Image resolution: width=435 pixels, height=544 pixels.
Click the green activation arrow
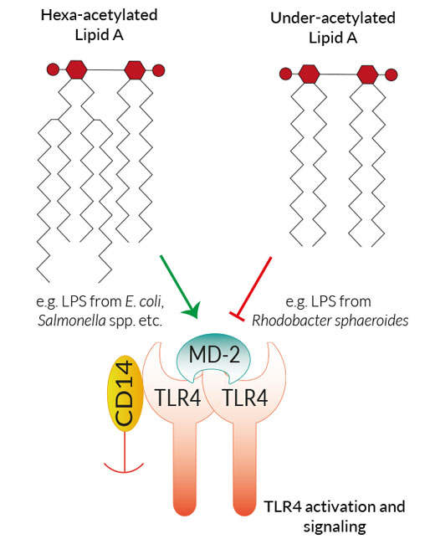(179, 286)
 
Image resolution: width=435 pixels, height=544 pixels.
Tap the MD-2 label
(214, 355)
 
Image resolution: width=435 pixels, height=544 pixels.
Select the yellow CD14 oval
(125, 393)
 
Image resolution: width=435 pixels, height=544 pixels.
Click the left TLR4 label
(177, 398)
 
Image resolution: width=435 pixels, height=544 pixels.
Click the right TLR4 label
(245, 398)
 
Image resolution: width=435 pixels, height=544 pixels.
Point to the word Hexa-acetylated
(100, 15)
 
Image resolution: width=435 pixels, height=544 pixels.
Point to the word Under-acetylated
(333, 18)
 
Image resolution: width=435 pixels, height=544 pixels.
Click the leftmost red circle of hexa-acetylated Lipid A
(53, 69)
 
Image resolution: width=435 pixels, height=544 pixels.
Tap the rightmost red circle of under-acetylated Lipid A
(391, 74)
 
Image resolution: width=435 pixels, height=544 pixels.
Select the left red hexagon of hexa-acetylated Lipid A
(76, 69)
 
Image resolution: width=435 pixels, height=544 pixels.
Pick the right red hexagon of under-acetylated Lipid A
(367, 74)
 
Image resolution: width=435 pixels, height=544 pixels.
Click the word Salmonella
(72, 321)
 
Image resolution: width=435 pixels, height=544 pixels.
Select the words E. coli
(145, 301)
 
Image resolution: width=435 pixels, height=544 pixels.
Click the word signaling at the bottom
(335, 526)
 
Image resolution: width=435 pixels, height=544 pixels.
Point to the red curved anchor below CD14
(124, 467)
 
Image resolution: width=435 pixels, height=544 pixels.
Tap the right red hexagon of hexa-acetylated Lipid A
(135, 69)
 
